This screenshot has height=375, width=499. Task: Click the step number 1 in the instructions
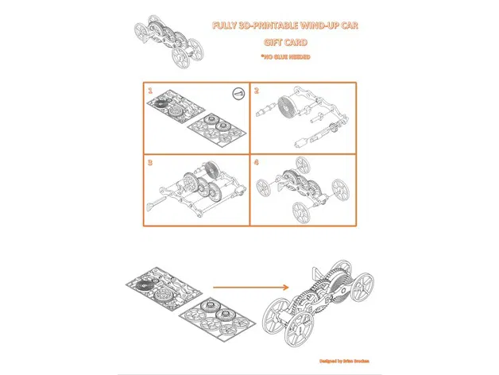click(149, 91)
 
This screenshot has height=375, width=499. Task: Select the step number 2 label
click(257, 91)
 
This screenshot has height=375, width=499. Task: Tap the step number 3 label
click(149, 162)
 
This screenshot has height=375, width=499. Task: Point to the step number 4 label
click(257, 162)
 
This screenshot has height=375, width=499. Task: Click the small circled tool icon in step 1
click(236, 94)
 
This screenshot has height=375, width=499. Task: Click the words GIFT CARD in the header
click(285, 42)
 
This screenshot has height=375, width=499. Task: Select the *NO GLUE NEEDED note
click(285, 57)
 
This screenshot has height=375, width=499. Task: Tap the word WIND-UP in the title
click(316, 26)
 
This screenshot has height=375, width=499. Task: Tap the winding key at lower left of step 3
click(152, 208)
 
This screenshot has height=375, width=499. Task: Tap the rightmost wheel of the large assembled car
click(362, 285)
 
